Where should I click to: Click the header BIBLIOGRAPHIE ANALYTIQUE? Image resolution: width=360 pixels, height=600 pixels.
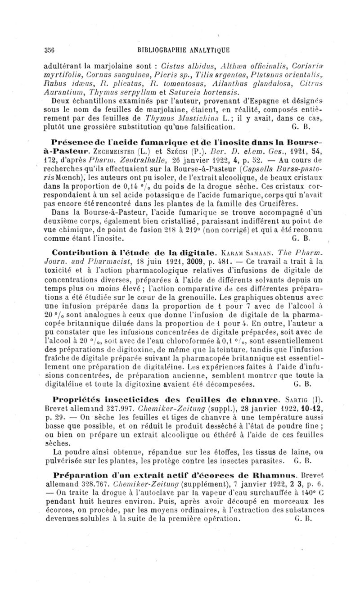click(182, 50)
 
